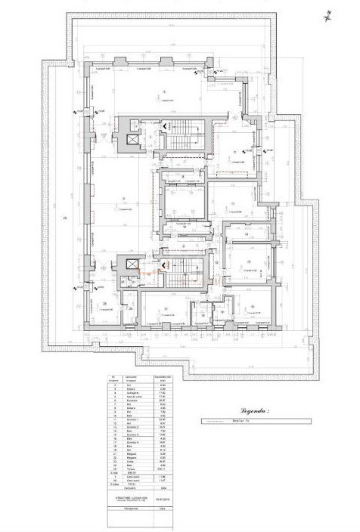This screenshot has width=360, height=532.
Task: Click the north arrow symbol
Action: pos(331,13)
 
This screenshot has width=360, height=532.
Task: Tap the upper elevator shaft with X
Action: pos(131,141)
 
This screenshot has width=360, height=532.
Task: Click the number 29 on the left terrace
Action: pos(66,219)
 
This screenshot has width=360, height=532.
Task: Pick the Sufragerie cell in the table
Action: pos(132,394)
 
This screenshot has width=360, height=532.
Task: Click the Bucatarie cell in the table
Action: pos(132,401)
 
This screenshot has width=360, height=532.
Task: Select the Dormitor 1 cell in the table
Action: pos(132,419)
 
